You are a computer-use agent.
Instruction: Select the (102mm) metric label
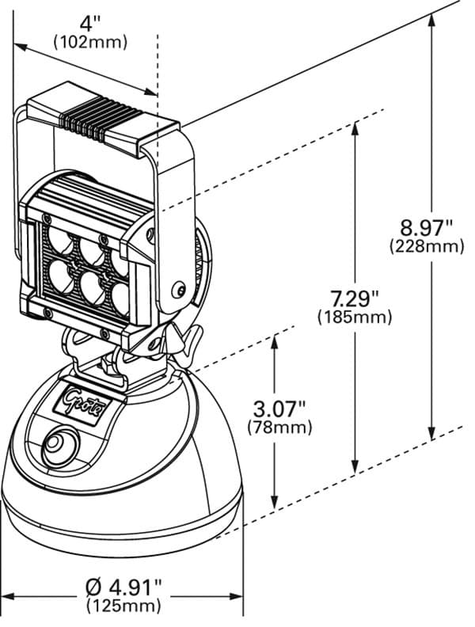pyautogui.click(x=89, y=43)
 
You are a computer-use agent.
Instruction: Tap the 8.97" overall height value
pyautogui.click(x=426, y=228)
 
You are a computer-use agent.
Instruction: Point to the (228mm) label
pyautogui.click(x=426, y=247)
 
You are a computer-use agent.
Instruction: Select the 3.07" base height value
pyautogui.click(x=279, y=408)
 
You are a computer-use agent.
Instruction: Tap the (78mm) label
pyautogui.click(x=279, y=427)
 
